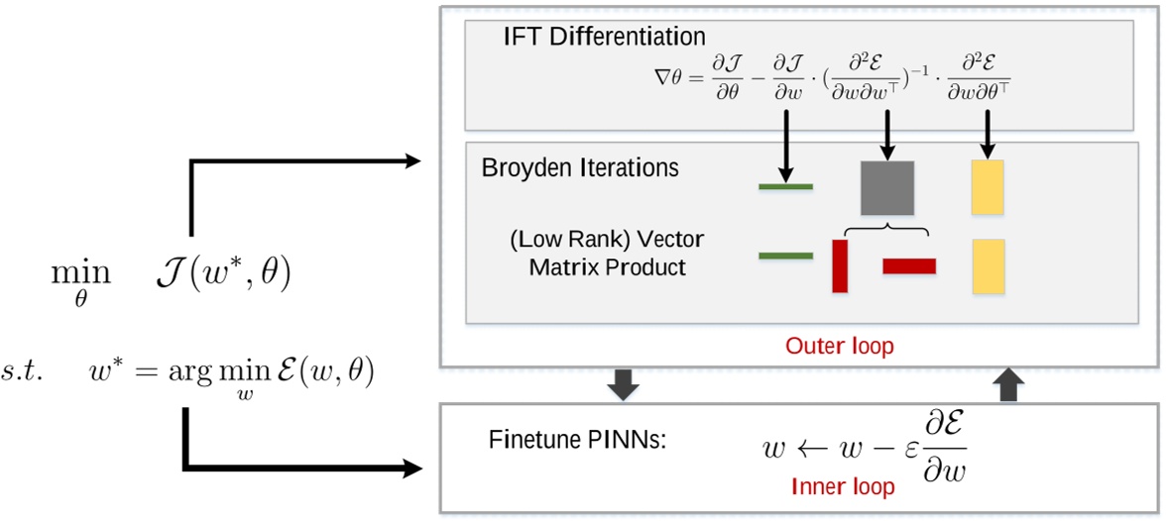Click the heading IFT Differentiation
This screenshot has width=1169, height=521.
point(604,37)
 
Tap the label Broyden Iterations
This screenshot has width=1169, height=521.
point(580,167)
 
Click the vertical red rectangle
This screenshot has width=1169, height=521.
point(840,265)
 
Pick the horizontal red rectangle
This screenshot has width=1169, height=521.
point(909,265)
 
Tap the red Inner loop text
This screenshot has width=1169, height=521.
point(843,486)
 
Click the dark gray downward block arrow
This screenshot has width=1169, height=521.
point(623,384)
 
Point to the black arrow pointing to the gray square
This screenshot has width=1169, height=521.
point(887,134)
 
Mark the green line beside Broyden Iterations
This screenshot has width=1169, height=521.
point(785,186)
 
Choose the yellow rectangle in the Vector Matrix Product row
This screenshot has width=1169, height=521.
point(989,265)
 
